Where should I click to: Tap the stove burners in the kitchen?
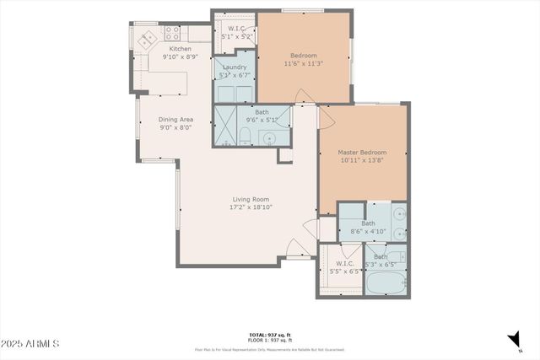coord(172,35)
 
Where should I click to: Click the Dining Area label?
coord(175,119)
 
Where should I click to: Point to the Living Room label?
coord(251,199)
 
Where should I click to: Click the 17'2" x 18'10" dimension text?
coord(251,207)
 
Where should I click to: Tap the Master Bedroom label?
coord(361,152)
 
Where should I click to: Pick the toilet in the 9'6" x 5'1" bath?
coord(246,138)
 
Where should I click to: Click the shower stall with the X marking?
coord(224,126)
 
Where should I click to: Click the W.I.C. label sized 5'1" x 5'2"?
coord(234,30)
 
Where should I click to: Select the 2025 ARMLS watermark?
coord(30,344)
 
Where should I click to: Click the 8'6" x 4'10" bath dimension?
coord(368,231)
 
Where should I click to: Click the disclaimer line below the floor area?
coord(270,348)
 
